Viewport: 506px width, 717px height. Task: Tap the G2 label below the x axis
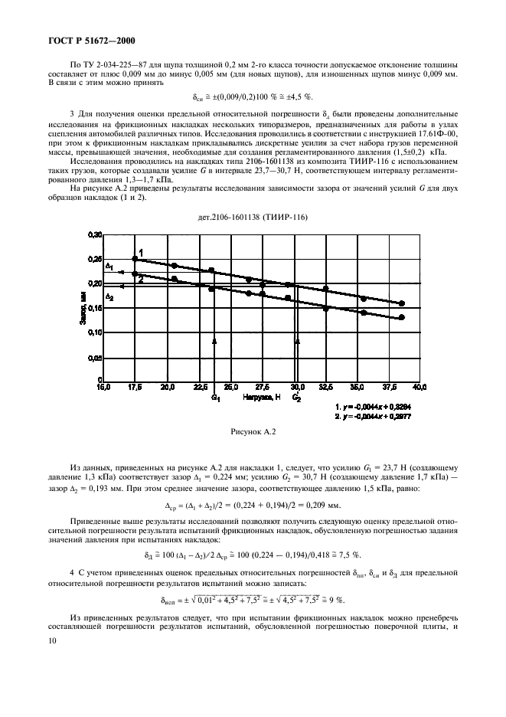297,399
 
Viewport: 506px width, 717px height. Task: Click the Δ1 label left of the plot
109,267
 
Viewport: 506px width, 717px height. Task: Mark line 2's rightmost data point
402,317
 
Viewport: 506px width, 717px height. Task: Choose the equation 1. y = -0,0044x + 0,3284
379,406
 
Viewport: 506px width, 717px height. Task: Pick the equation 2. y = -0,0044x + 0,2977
379,416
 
